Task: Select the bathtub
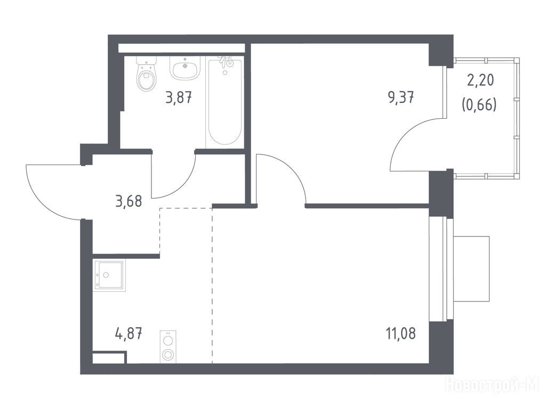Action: (224, 102)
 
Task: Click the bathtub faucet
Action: (226, 61)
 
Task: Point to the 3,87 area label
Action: (179, 98)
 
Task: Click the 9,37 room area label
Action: (401, 98)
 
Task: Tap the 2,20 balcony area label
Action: (480, 81)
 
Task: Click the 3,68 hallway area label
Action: (129, 202)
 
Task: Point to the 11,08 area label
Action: (400, 334)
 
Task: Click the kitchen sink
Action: (109, 275)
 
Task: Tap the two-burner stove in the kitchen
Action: (168, 347)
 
